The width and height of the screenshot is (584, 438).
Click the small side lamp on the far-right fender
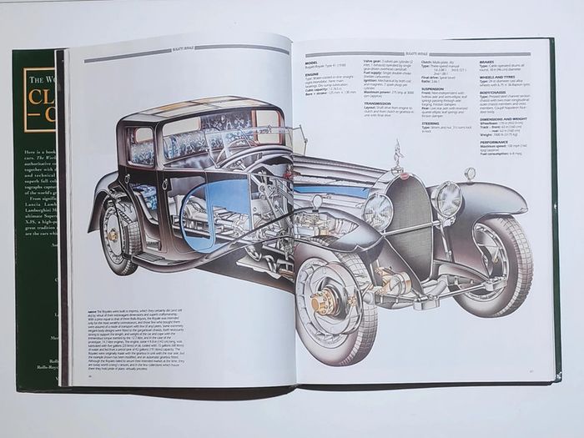(x=469, y=174)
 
